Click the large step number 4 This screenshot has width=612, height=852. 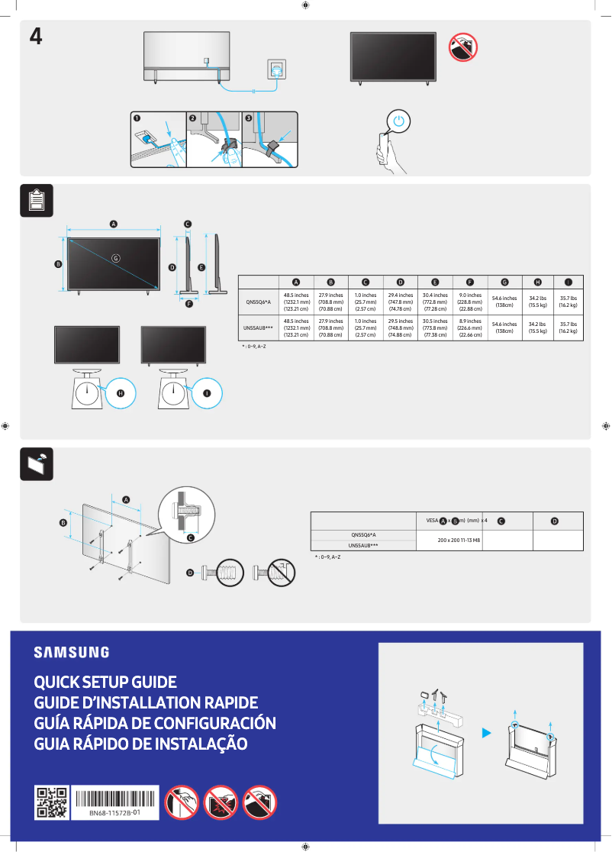tap(35, 36)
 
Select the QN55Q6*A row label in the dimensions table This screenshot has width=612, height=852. tap(258, 302)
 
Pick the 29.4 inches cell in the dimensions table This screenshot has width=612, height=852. tap(400, 302)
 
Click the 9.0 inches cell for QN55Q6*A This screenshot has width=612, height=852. tap(469, 302)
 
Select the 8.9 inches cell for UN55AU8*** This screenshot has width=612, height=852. tap(469, 328)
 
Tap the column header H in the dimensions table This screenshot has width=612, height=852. tap(537, 282)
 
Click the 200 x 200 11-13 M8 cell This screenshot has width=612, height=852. tap(459, 541)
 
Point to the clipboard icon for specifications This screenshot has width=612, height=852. tap(36, 201)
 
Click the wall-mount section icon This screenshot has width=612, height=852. tap(36, 463)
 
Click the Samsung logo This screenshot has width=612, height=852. tap(71, 652)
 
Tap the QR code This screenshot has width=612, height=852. tap(52, 802)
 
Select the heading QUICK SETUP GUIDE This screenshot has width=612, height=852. tap(105, 682)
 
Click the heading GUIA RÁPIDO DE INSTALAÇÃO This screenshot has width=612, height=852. tap(140, 744)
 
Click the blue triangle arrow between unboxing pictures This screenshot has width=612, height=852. tap(486, 734)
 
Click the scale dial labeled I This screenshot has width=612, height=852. tap(173, 393)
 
